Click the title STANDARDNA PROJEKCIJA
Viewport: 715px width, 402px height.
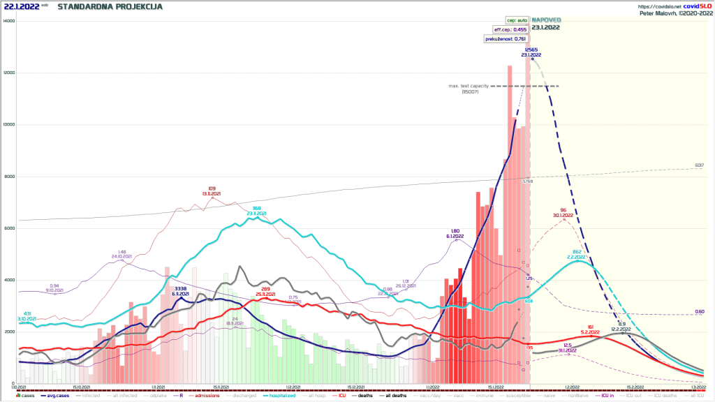pos(110,6)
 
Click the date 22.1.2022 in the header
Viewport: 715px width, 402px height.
pos(21,6)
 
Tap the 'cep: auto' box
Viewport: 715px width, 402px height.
pos(517,20)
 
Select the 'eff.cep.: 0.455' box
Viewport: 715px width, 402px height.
pos(510,29)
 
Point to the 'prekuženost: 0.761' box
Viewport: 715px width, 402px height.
pos(506,39)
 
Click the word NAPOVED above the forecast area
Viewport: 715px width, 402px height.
pos(545,20)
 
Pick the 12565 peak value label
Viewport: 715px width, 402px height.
pos(531,50)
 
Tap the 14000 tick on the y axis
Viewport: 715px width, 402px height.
pos(8,21)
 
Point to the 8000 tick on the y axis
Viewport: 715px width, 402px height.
pos(8,177)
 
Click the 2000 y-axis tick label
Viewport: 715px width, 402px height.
pos(8,332)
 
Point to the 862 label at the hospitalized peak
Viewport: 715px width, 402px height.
pos(577,251)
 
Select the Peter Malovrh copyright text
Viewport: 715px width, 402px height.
pos(674,13)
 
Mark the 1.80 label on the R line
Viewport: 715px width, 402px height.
pos(455,231)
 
